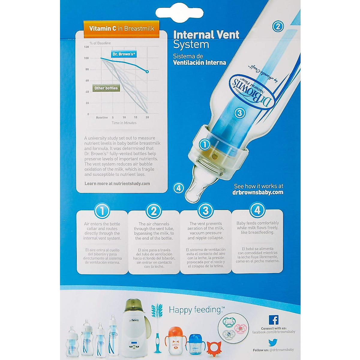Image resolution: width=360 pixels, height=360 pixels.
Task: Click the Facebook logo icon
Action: click(274, 320)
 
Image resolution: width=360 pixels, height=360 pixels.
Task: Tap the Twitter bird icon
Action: click(273, 342)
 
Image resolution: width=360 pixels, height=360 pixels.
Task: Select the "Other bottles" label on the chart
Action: click(106, 88)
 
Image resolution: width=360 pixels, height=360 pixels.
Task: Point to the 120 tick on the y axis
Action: click(87, 47)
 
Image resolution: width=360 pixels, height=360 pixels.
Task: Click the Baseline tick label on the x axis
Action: click(102, 117)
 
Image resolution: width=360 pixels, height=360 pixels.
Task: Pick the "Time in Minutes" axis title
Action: click(124, 123)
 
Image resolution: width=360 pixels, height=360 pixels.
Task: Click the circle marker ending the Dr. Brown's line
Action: click(147, 71)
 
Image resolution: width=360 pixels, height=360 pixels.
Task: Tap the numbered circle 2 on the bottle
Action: click(278, 26)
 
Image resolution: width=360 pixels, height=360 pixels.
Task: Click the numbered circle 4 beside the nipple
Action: click(179, 188)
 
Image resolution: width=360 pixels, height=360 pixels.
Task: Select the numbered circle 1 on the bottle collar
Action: click(205, 145)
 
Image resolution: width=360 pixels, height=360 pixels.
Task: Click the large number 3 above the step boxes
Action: click(205, 211)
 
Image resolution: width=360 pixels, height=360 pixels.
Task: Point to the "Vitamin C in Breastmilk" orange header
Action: click(121, 28)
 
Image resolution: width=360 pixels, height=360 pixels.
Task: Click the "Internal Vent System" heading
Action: click(206, 39)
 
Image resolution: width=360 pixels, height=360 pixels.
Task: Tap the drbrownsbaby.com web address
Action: click(258, 193)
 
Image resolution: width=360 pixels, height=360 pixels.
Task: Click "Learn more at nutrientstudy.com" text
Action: click(117, 184)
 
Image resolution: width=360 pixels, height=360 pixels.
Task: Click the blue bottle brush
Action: click(157, 327)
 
